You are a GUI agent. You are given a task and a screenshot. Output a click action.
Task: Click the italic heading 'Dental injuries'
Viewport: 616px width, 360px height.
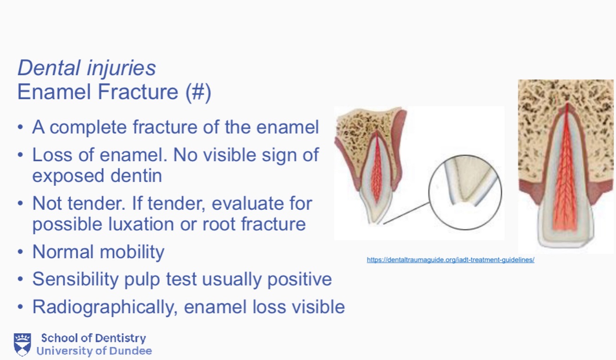click(x=87, y=68)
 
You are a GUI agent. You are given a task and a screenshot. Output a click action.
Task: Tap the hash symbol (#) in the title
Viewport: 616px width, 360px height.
click(x=198, y=92)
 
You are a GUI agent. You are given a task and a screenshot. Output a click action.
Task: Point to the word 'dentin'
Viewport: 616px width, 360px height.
click(x=136, y=176)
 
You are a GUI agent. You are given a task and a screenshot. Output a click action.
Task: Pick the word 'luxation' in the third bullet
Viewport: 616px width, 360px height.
click(x=141, y=224)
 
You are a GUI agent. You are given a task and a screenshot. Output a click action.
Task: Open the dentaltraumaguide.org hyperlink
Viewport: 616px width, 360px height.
click(x=450, y=260)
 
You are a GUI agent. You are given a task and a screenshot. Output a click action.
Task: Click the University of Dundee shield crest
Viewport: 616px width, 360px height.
click(x=22, y=345)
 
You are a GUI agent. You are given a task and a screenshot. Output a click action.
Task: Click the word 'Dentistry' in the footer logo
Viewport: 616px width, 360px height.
click(x=121, y=338)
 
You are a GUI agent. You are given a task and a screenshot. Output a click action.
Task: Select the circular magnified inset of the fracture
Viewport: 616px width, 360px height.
click(x=465, y=192)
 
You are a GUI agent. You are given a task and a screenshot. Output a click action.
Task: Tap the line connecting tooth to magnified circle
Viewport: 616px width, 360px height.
click(x=406, y=214)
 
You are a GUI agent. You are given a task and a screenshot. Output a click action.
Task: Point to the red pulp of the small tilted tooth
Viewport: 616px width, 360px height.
click(x=376, y=171)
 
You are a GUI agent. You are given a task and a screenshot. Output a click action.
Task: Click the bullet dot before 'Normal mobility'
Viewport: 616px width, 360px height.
click(x=20, y=252)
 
